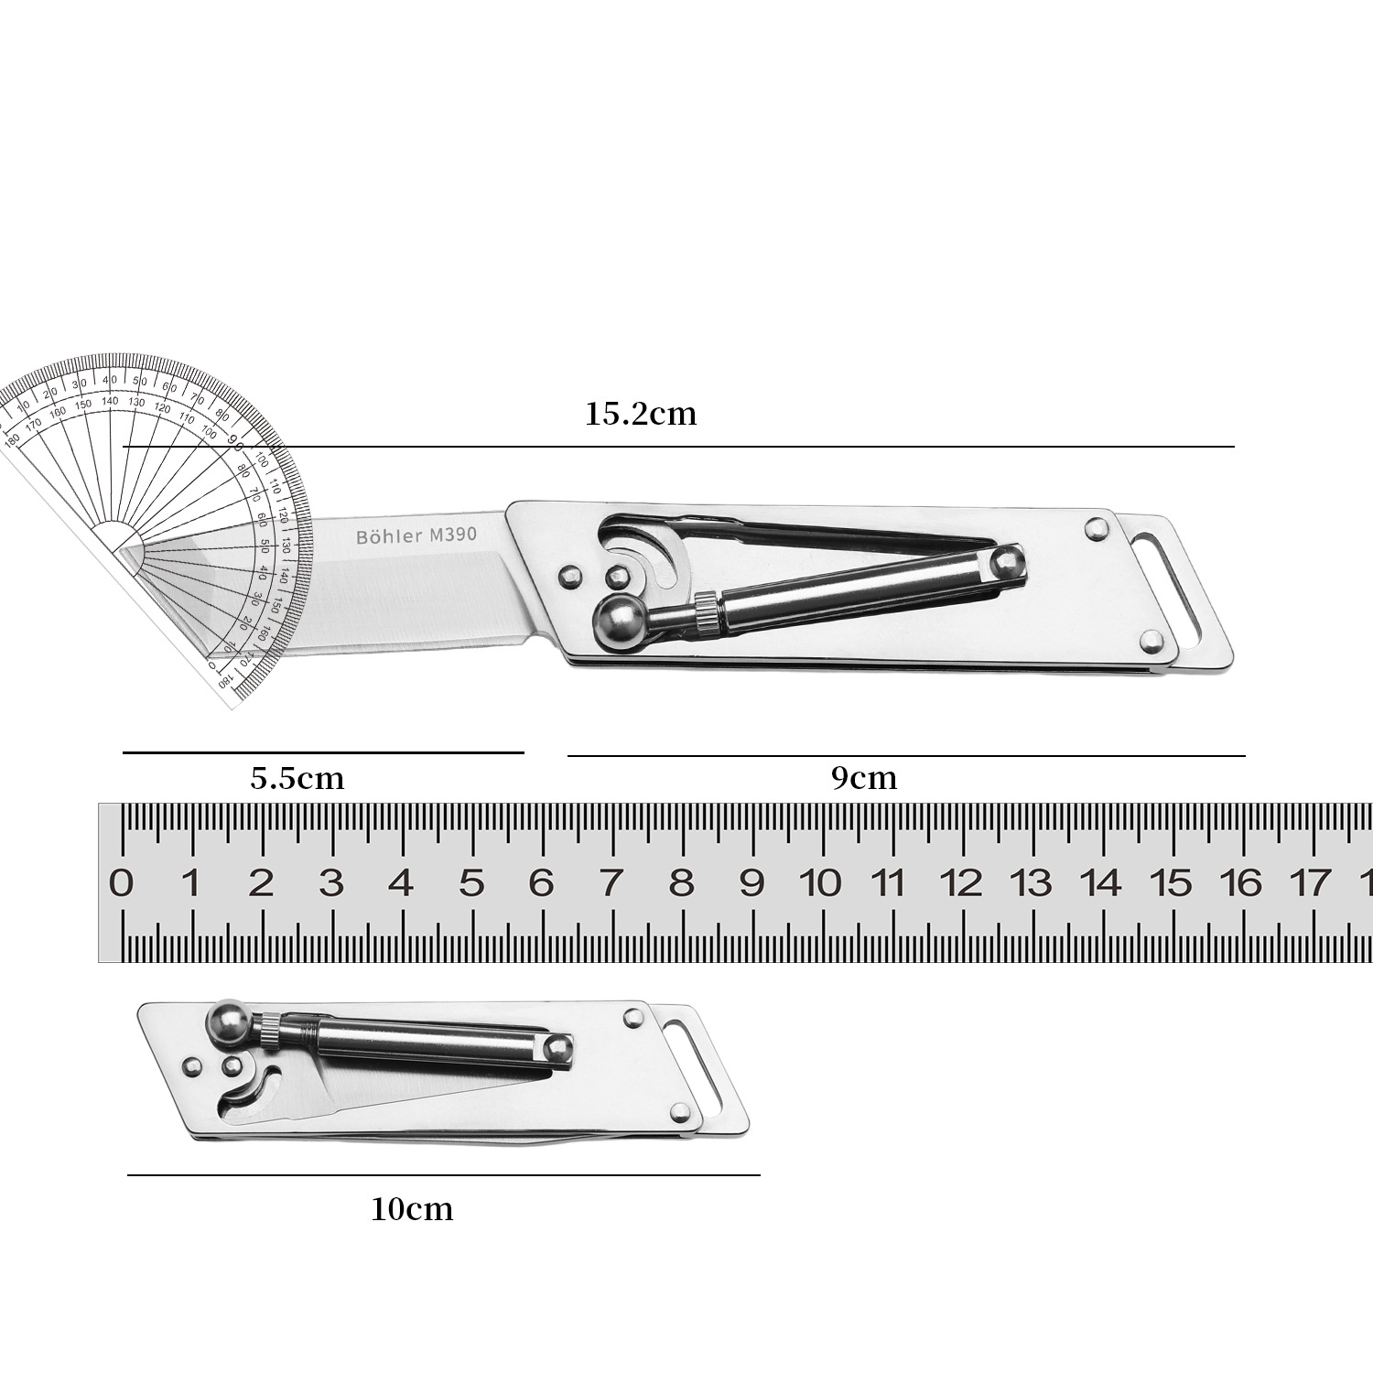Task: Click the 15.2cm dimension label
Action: [x=641, y=414]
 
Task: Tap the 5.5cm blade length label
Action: [x=297, y=778]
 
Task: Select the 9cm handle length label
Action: [x=864, y=778]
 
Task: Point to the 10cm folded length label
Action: [x=412, y=1209]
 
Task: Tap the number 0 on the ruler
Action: [x=121, y=883]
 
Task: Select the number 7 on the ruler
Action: [x=611, y=883]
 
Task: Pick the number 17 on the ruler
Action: [x=1310, y=883]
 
